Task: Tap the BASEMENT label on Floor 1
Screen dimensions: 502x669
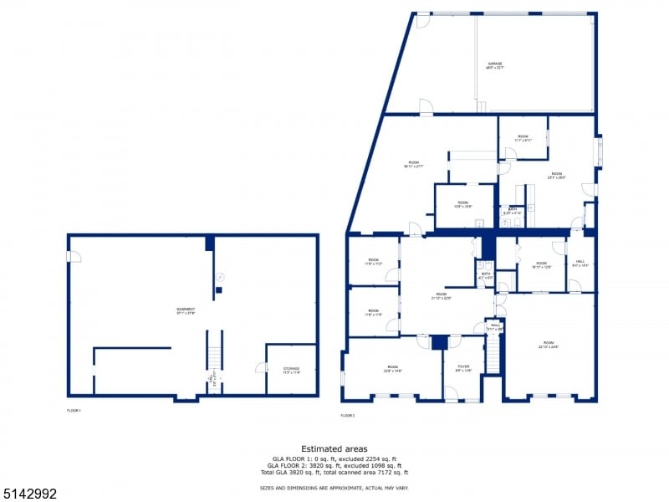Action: [186, 310]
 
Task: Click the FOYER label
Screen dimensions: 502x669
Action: [462, 367]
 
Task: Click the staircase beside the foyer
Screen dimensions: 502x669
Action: [493, 357]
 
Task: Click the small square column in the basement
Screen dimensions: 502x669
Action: [218, 290]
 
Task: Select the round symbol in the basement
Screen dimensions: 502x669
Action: [219, 275]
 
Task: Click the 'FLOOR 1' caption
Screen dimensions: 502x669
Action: [74, 411]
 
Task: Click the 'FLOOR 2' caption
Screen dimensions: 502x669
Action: [347, 416]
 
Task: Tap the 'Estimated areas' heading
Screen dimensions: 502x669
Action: [334, 449]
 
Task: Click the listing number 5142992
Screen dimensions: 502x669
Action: [29, 494]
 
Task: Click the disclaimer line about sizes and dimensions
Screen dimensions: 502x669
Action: [334, 487]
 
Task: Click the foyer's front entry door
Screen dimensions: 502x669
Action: [452, 393]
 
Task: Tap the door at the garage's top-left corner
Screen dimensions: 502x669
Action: [423, 21]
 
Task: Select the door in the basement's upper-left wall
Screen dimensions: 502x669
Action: [74, 256]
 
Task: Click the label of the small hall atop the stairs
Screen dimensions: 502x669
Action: [495, 327]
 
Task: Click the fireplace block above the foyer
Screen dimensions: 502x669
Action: [440, 342]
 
